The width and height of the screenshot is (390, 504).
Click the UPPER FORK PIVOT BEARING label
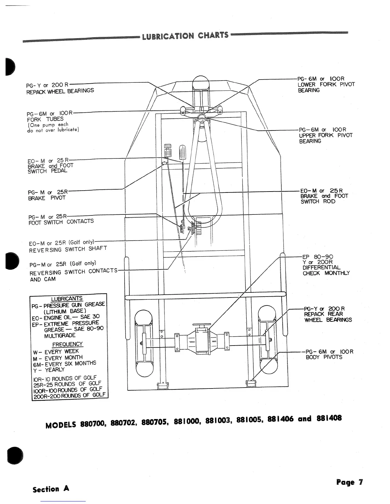(325, 135)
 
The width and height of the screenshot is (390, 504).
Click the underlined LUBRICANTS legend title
(67, 299)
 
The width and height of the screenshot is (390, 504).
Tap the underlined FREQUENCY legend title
(67, 344)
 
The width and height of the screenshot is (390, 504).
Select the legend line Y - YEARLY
(49, 370)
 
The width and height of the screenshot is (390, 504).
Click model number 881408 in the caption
(329, 418)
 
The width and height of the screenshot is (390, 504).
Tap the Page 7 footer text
(349, 482)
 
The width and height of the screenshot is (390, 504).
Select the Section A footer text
(51, 489)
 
